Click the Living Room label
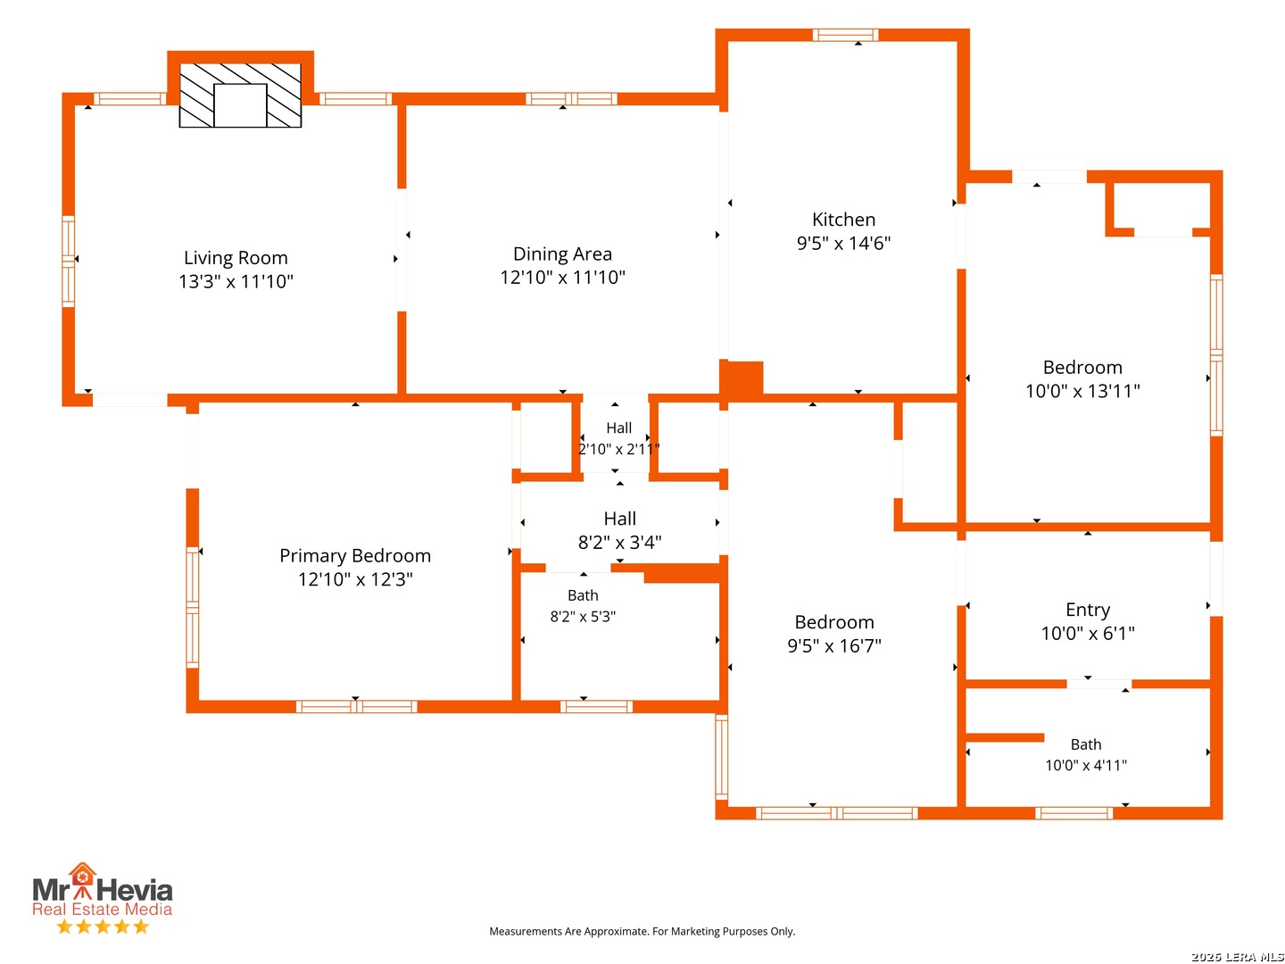[x=236, y=258]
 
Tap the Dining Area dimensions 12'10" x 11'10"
[x=562, y=278]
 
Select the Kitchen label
[x=843, y=220]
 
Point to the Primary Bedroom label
[x=355, y=555]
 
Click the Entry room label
[x=1087, y=610]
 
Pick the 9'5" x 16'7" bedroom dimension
[x=833, y=645]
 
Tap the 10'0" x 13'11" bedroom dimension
[x=1082, y=391]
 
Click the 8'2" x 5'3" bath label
[x=583, y=606]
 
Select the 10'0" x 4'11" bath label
[x=1086, y=754]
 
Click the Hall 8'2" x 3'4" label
[x=619, y=530]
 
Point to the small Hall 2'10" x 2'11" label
[x=618, y=438]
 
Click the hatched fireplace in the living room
[x=240, y=95]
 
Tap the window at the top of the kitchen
[x=845, y=35]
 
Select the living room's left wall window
[x=69, y=261]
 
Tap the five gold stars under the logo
[x=103, y=927]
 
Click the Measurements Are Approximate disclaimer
[x=642, y=931]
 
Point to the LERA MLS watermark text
[x=1237, y=957]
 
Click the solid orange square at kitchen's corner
[x=741, y=380]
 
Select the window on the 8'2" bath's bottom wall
[x=596, y=706]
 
